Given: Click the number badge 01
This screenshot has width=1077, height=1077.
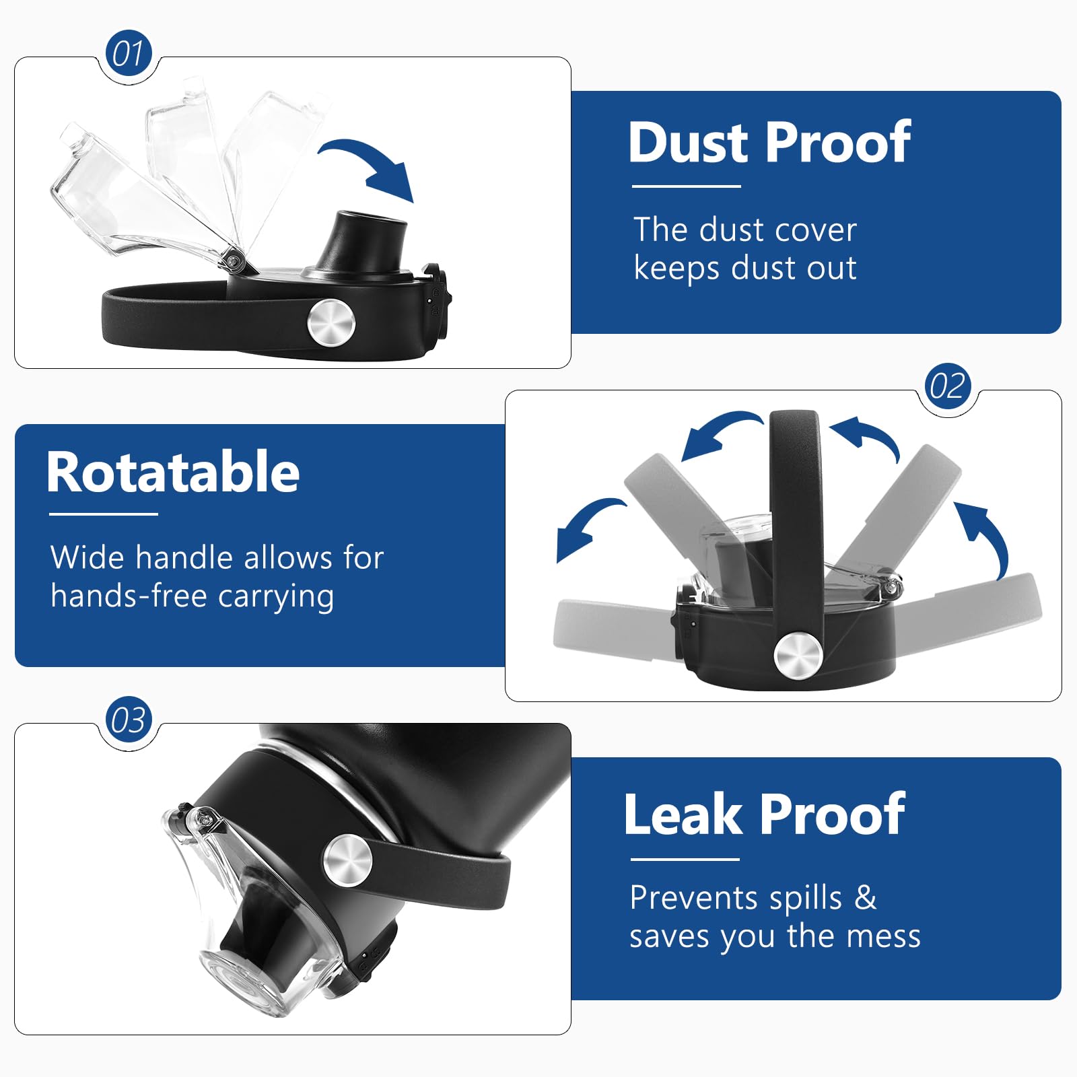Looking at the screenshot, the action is pyautogui.click(x=129, y=53).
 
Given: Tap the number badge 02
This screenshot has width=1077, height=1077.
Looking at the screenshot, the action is pyautogui.click(x=948, y=386).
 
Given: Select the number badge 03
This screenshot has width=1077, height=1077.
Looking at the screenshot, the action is pyautogui.click(x=129, y=720).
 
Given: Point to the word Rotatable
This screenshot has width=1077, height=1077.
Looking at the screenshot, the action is pyautogui.click(x=173, y=473).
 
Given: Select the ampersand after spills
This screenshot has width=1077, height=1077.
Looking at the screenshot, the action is pyautogui.click(x=866, y=897).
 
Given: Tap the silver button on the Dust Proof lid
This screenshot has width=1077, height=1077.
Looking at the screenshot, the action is pyautogui.click(x=331, y=322).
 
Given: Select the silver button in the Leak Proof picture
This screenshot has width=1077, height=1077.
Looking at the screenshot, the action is pyautogui.click(x=347, y=859).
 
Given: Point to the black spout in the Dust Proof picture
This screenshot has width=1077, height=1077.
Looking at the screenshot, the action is pyautogui.click(x=363, y=241).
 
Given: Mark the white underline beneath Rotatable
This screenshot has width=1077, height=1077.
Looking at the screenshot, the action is pyautogui.click(x=104, y=514).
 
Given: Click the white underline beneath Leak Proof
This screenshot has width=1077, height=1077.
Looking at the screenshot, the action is pyautogui.click(x=685, y=860).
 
